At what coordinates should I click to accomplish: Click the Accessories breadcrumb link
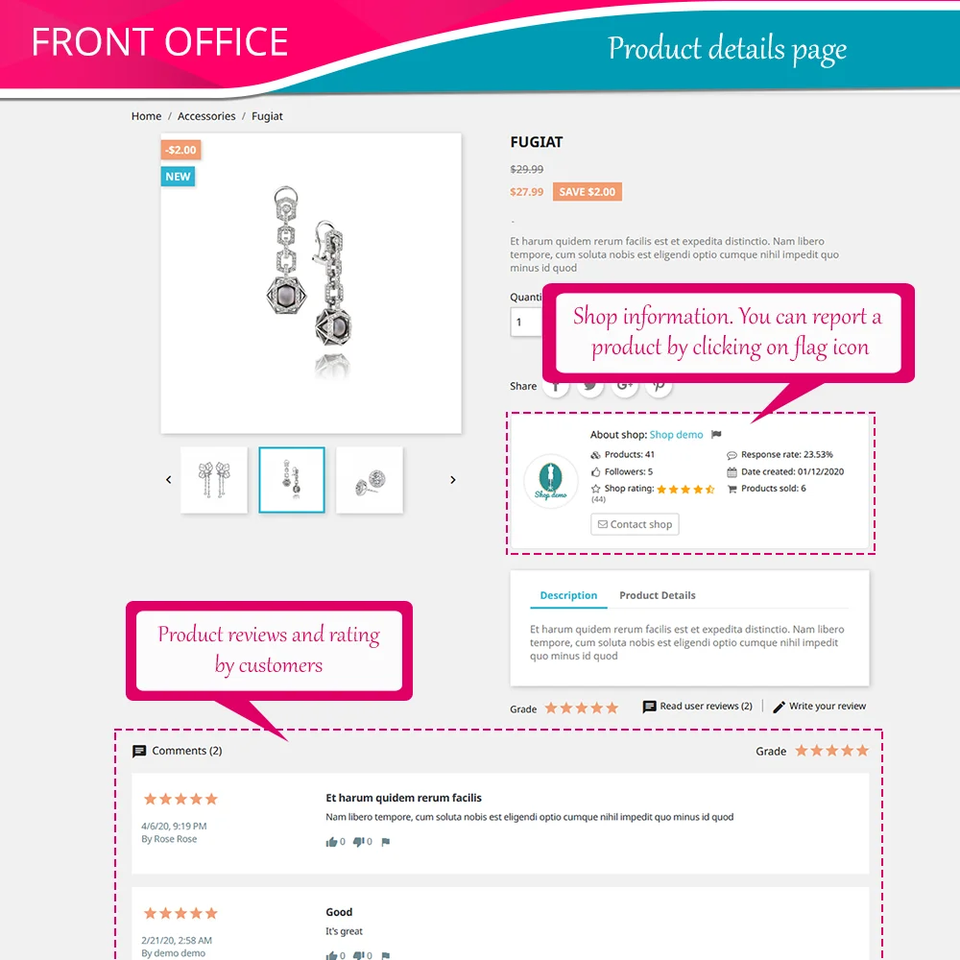click(x=206, y=116)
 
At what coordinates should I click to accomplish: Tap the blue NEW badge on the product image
click(x=178, y=177)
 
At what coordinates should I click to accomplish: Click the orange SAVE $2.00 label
click(x=588, y=192)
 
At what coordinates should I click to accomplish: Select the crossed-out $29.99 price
click(x=527, y=169)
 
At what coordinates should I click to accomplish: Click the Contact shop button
click(x=635, y=524)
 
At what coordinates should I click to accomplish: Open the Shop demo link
click(x=676, y=435)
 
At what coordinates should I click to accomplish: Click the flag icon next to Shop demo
click(x=716, y=435)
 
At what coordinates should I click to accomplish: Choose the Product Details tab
click(x=657, y=595)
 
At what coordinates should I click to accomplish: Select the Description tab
click(x=568, y=595)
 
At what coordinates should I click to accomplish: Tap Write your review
click(x=827, y=707)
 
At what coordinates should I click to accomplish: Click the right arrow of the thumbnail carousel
click(x=453, y=480)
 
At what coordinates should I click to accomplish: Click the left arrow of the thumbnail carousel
click(x=169, y=480)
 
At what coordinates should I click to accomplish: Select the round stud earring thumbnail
click(x=370, y=480)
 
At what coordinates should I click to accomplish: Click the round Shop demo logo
click(x=551, y=481)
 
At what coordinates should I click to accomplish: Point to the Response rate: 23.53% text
click(x=786, y=455)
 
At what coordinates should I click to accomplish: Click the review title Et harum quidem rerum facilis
click(x=403, y=798)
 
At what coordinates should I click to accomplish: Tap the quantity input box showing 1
click(x=526, y=322)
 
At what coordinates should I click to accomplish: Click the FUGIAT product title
click(x=537, y=142)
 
